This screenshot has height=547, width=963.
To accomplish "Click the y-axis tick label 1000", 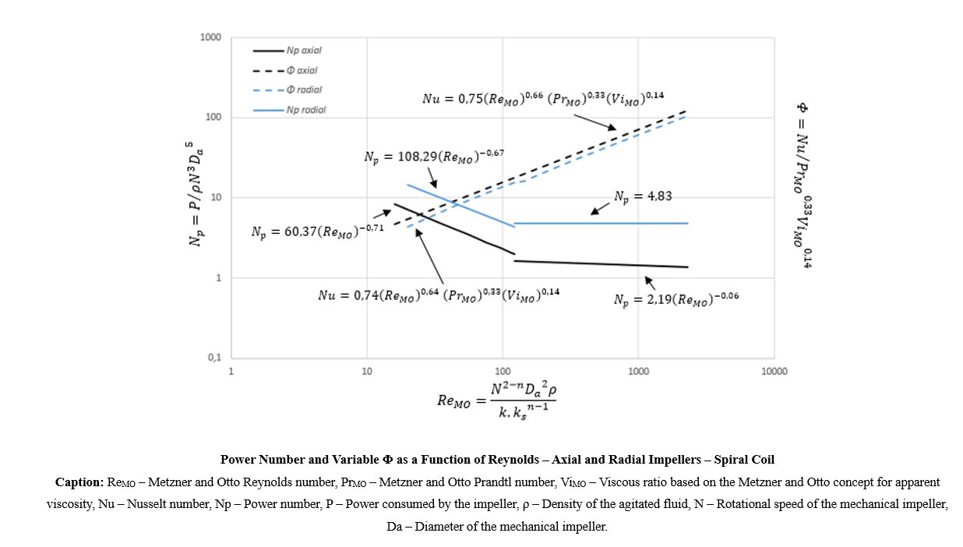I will coord(210,38).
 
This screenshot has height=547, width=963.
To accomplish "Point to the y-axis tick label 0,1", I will coord(213,358).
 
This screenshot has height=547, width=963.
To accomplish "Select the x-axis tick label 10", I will coord(367,372).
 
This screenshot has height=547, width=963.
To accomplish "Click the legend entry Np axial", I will coord(303,51).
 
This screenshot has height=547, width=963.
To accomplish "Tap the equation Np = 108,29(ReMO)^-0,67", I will coord(434,156).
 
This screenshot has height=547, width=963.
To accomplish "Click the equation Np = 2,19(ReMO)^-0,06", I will coord(675,300).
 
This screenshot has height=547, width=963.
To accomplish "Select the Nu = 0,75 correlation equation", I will coord(542,99).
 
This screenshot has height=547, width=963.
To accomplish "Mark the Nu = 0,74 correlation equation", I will coord(439,295).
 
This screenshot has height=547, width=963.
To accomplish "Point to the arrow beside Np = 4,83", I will coord(600,207).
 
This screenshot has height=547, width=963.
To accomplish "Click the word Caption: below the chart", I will coord(79,482).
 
